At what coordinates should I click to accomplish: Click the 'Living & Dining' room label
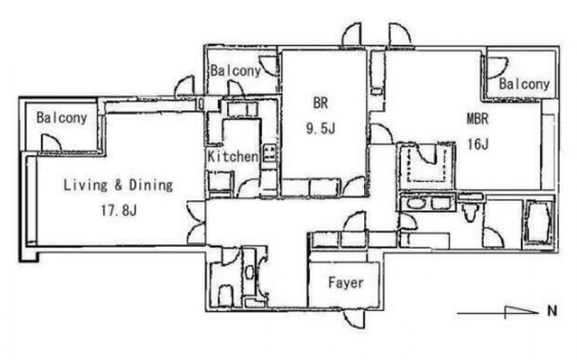point(118,185)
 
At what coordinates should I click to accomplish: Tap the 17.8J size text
point(119,211)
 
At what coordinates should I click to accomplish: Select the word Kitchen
point(233,157)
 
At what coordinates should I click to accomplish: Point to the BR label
point(320,103)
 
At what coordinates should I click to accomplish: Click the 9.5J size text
point(320,128)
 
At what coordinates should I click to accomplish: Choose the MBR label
point(477,119)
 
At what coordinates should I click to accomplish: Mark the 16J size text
point(477,144)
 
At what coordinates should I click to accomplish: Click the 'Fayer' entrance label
point(345,283)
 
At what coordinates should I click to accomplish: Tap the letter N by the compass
point(552,311)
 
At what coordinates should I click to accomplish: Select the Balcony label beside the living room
point(61,118)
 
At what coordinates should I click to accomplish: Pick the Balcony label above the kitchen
point(236,71)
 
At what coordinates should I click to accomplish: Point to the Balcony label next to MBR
point(524,84)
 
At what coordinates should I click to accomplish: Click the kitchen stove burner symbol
point(269,153)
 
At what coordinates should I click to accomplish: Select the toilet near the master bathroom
point(471,211)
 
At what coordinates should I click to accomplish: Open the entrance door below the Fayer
point(354,318)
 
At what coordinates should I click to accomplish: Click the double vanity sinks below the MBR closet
point(428,203)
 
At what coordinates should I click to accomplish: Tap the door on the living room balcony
point(51,143)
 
